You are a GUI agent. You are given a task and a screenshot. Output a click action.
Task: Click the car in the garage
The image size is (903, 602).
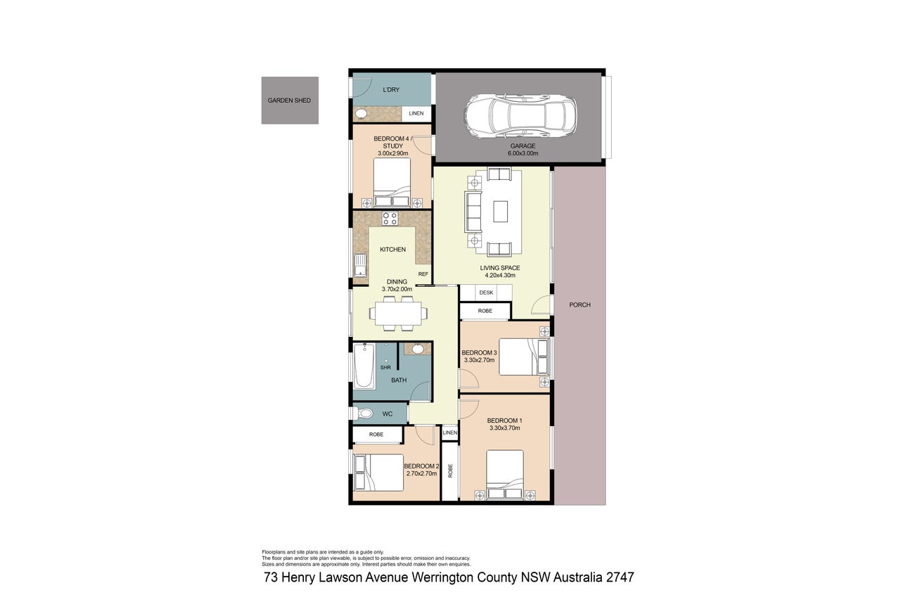click(x=520, y=117)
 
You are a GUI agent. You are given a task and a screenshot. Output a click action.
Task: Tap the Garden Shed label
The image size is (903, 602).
click(x=289, y=101)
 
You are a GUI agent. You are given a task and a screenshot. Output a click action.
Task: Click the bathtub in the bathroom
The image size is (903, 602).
click(x=364, y=366)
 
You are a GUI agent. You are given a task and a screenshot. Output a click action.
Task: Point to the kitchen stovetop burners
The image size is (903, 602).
click(x=390, y=219)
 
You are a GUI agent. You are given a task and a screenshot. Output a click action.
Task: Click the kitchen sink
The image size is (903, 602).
click(x=360, y=265)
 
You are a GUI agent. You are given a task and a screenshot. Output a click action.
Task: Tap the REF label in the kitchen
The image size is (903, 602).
click(x=423, y=274)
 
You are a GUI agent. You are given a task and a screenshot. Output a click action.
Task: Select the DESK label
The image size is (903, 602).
click(x=486, y=293)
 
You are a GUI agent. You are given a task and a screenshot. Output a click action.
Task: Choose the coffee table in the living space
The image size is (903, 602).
click(x=500, y=211)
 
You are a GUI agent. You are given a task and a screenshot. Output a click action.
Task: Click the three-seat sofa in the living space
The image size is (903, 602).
click(x=473, y=212)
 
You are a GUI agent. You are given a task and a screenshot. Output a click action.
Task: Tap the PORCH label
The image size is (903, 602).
click(x=579, y=305)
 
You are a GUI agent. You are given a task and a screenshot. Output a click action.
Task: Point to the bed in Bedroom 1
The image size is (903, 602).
click(x=505, y=475)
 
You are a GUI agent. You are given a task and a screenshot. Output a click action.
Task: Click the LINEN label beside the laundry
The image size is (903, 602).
click(x=416, y=113)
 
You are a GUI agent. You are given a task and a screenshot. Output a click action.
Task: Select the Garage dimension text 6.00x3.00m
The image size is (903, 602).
click(x=523, y=153)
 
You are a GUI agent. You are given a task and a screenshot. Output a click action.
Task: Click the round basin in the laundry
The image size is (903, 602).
click(x=361, y=114)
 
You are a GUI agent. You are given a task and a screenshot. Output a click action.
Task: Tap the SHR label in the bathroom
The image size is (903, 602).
click(x=385, y=368)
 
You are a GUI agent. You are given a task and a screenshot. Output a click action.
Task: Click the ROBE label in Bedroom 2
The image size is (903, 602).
click(x=376, y=434)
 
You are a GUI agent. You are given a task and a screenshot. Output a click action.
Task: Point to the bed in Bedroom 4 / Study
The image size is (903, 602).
click(x=392, y=183)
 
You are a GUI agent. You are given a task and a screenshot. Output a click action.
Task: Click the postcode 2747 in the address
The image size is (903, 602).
click(x=620, y=577)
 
